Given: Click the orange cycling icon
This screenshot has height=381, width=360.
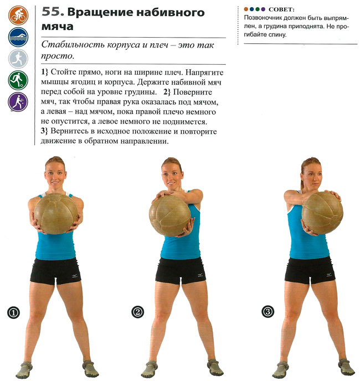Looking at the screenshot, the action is point(18,16).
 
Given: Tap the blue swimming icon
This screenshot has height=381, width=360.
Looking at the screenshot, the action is point(18,37).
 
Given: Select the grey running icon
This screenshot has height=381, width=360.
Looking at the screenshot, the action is point(18,59).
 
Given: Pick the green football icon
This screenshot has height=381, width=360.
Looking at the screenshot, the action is point(18,80).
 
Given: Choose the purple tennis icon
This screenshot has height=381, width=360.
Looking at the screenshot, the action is point(18,102).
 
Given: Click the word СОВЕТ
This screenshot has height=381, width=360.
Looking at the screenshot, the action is point(281,9).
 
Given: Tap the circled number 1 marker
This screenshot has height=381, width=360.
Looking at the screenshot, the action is point(13,312).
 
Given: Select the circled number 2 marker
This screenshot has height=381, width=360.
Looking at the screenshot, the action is point(137,312).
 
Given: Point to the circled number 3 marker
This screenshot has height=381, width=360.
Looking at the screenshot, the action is point(268,312).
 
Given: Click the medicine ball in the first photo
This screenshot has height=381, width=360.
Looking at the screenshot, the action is point(56,214).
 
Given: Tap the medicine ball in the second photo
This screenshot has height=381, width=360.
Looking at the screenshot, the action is point(170,215).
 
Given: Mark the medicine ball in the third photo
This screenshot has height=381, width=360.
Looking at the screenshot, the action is point(322,213).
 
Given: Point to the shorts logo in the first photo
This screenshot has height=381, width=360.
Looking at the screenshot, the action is point(75,276).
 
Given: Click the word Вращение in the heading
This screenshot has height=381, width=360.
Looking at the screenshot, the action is point(100,13).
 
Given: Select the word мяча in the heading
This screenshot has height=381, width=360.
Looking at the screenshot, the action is point(58,27).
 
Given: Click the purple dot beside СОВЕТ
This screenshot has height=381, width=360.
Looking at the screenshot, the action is point(263,9).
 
